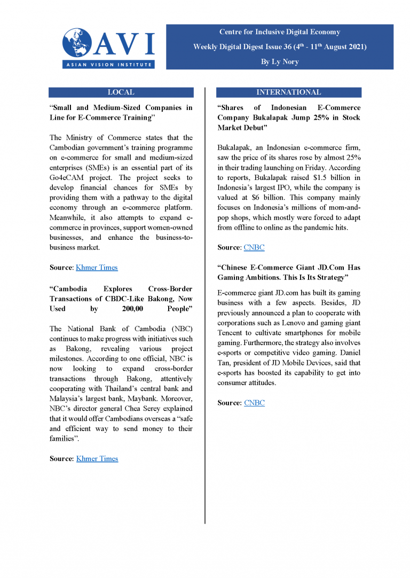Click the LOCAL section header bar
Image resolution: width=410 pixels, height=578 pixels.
point(121,92)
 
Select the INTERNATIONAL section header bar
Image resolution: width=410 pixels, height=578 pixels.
point(288,92)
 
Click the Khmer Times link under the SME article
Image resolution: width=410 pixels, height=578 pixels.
point(97,268)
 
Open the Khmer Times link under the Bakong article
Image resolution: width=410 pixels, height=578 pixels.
point(97,459)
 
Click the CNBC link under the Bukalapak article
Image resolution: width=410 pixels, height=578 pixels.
point(254,248)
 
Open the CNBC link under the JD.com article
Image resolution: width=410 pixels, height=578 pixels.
point(254,403)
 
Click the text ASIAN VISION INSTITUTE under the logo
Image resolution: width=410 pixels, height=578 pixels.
point(108,64)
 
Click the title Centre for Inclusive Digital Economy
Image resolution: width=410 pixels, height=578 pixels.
point(280,32)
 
